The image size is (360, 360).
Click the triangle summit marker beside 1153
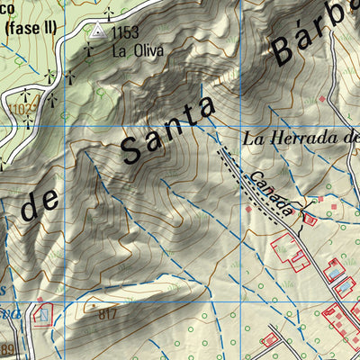(97, 31)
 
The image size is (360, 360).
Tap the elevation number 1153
(125, 32)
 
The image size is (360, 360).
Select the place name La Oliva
(137, 50)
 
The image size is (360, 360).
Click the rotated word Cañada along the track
(271, 195)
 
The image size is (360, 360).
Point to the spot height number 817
(108, 314)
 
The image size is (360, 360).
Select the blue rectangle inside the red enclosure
(41, 315)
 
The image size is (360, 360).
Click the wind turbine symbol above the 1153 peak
(109, 13)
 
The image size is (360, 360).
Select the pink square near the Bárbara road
(321, 98)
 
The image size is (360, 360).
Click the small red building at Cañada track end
(310, 219)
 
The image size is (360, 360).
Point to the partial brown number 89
(7, 349)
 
